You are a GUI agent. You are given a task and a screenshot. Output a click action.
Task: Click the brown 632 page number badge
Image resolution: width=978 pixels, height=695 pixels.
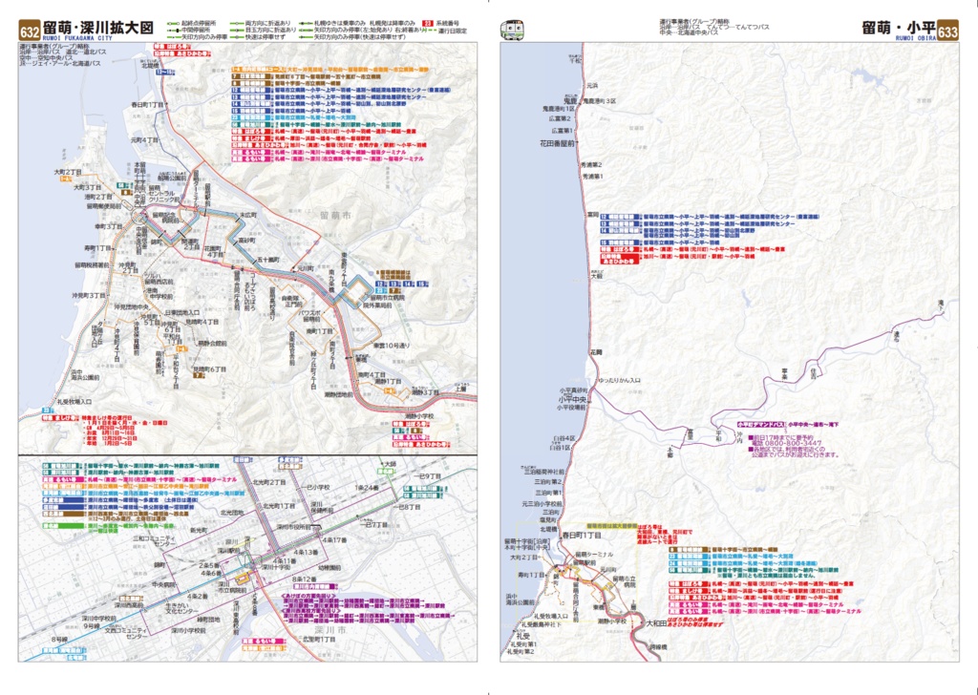pyautogui.click(x=30, y=31)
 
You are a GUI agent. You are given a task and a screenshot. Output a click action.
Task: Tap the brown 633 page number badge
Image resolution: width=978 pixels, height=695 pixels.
pyautogui.click(x=947, y=31)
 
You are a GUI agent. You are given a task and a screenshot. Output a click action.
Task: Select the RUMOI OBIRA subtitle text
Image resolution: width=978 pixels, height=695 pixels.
pyautogui.click(x=901, y=41)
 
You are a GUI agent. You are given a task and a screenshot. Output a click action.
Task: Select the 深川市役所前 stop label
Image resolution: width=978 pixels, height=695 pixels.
pyautogui.click(x=297, y=526)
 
